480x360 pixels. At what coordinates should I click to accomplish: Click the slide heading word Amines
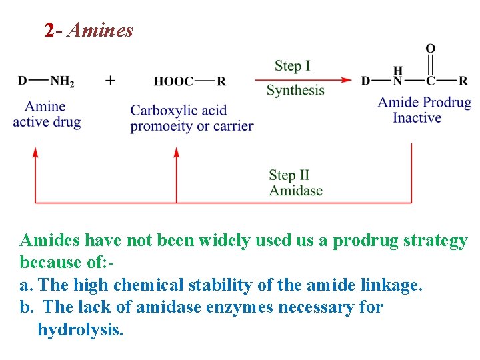tap(100, 30)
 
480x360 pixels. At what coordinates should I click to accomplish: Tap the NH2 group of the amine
tap(63, 81)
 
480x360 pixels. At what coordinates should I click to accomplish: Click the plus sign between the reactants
tap(110, 80)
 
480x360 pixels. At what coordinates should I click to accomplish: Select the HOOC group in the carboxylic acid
tap(173, 81)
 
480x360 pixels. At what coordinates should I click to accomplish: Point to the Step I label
tap(293, 65)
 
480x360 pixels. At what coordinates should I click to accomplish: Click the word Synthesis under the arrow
tap(295, 90)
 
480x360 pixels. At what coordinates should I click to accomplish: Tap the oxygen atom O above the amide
tap(431, 49)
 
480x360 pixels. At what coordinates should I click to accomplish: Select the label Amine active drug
tap(47, 114)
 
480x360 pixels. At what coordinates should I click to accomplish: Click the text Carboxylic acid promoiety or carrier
tap(191, 118)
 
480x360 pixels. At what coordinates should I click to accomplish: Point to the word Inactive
tap(417, 118)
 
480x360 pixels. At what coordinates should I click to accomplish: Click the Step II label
tap(289, 175)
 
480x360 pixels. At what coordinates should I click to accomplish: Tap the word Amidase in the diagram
tap(295, 191)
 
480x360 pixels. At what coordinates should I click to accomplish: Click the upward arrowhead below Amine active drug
tap(35, 152)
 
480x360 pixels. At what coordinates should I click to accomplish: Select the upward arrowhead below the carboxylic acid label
tap(177, 152)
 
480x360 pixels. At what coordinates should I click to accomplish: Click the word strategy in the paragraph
tap(435, 241)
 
